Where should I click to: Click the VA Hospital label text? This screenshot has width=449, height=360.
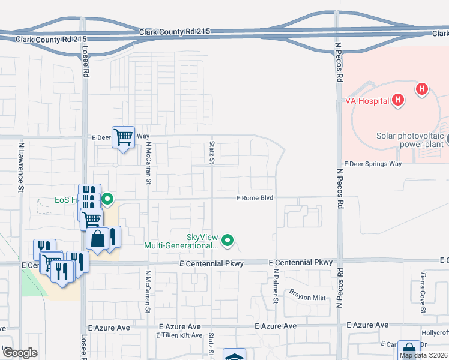point(367,101)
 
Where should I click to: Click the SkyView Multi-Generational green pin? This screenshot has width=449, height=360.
point(228,241)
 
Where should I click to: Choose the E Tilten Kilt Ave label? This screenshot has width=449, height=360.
point(179,335)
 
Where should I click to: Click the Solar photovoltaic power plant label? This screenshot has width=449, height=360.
point(409,140)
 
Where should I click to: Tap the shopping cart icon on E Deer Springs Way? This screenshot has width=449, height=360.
point(123,137)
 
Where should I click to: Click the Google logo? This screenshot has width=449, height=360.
point(20,353)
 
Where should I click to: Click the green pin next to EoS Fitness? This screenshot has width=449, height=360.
point(107,199)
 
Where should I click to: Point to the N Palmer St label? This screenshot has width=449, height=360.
point(276,286)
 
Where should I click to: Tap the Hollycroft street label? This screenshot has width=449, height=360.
point(434,333)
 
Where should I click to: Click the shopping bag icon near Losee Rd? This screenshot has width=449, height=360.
point(97,238)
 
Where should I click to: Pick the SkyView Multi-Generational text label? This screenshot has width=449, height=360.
point(181,241)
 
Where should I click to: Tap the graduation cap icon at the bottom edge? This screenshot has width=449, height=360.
point(234,355)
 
